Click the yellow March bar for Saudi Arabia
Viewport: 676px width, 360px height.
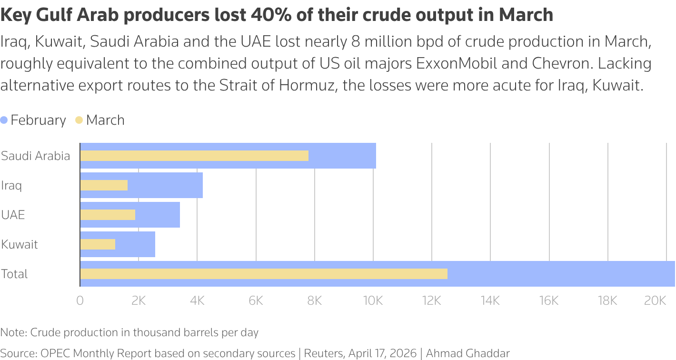pyautogui.click(x=194, y=156)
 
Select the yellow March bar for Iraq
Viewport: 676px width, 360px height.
pyautogui.click(x=104, y=185)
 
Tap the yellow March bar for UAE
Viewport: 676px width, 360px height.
pyautogui.click(x=108, y=215)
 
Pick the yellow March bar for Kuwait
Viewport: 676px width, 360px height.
pyautogui.click(x=98, y=244)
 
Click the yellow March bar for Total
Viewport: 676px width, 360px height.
pyautogui.click(x=264, y=274)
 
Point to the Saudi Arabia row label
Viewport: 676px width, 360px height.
pyautogui.click(x=36, y=156)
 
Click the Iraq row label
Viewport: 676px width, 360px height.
pyautogui.click(x=11, y=185)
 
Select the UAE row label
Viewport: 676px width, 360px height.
pyautogui.click(x=13, y=215)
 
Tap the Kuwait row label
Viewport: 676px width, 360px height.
pyautogui.click(x=20, y=244)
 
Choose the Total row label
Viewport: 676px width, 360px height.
pyautogui.click(x=14, y=274)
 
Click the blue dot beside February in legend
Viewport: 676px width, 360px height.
pyautogui.click(x=4, y=120)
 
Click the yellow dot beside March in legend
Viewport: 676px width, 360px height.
pyautogui.click(x=80, y=120)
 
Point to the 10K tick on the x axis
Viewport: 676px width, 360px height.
pyautogui.click(x=373, y=300)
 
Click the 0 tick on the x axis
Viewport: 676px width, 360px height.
pyautogui.click(x=80, y=300)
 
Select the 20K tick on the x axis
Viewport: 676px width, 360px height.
pyautogui.click(x=655, y=300)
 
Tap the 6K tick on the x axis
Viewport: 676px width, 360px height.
pyautogui.click(x=256, y=300)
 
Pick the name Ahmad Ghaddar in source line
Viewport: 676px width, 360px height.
pyautogui.click(x=467, y=353)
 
